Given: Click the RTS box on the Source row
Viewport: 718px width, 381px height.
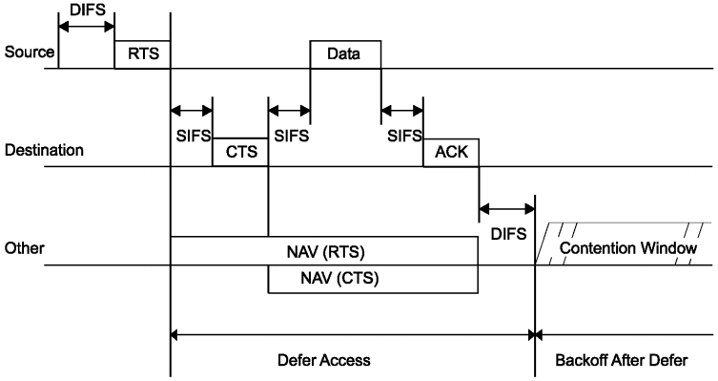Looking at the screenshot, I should tap(142, 54).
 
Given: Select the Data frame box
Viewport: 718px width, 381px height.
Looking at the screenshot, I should tap(345, 54).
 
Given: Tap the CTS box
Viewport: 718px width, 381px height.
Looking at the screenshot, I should tap(241, 152).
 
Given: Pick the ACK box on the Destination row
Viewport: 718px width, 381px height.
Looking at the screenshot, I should tap(451, 152).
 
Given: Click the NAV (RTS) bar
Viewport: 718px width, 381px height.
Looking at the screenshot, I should tap(323, 251).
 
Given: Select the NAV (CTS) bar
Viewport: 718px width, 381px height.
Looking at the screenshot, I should tap(373, 279).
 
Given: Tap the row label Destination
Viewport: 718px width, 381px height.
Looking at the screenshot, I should tap(45, 151).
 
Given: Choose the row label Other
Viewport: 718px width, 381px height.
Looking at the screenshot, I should tap(23, 249).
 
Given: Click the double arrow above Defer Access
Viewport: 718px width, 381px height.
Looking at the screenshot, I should tap(353, 334).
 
